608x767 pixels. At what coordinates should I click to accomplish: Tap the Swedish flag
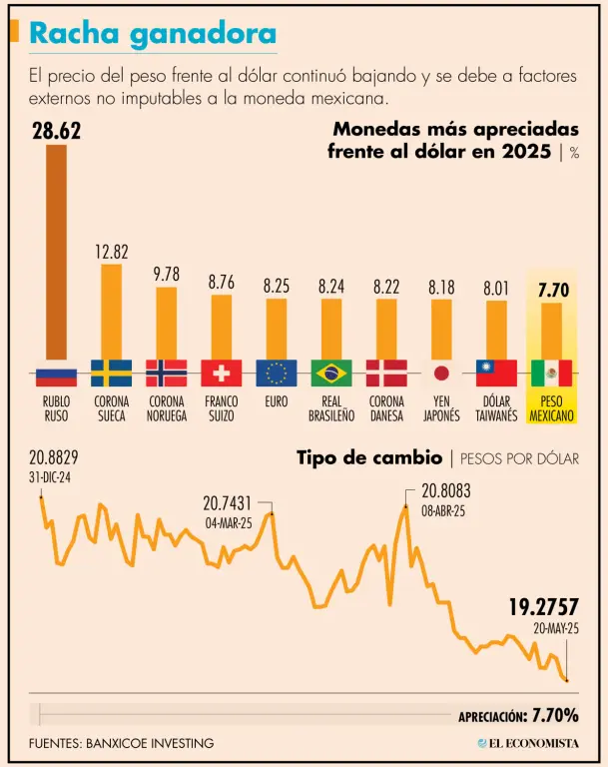point(111,373)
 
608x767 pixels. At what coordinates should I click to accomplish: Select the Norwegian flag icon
point(166,373)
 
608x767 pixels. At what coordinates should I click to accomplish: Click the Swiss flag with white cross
point(221,373)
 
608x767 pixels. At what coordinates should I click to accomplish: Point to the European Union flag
point(276,373)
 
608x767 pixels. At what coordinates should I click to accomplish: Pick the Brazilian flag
point(331,373)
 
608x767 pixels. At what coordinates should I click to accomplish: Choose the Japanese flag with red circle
point(441,373)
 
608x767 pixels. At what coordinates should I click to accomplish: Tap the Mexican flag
point(551,373)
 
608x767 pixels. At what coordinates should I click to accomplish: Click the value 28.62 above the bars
point(56,131)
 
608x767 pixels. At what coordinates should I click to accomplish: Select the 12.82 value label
point(111,252)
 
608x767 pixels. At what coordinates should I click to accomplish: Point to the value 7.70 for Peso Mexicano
point(552,291)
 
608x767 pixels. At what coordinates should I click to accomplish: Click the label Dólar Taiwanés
point(496,407)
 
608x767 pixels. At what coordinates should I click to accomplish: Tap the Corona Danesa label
point(386,407)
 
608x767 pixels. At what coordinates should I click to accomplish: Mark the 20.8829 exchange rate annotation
point(54,458)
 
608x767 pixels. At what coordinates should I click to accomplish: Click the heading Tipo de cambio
point(369,458)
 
